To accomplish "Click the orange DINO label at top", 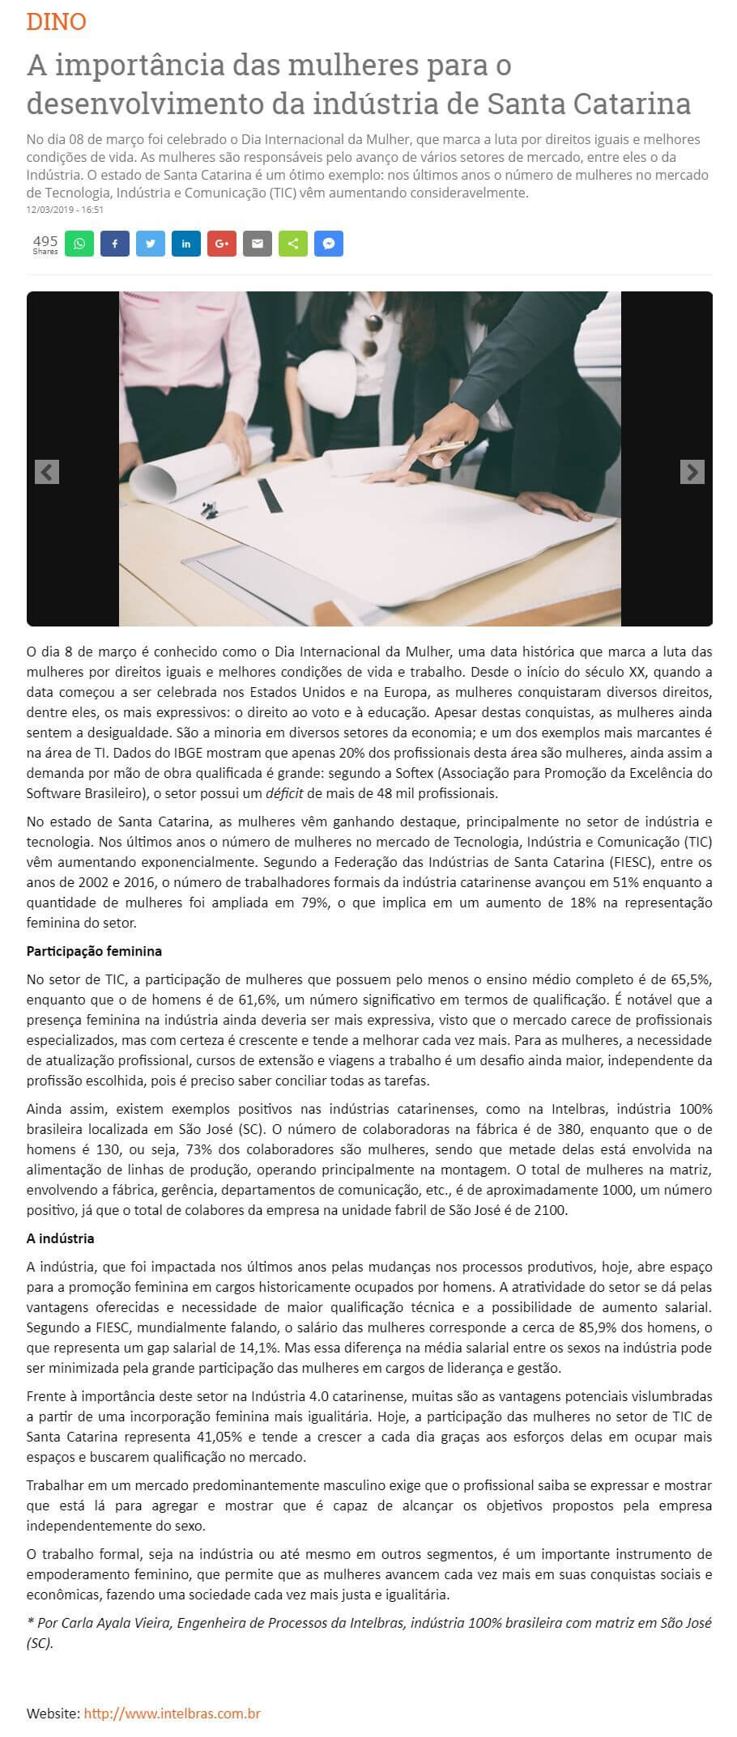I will point(56,22).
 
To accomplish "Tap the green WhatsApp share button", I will point(79,244).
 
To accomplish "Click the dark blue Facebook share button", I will point(115,244).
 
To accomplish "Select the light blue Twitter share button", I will point(151,244).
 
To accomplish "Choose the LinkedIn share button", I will point(186,244).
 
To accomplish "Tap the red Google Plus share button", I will point(222,244).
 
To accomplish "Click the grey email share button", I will point(258,244).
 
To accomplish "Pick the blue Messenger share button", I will point(329,244).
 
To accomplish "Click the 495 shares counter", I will point(45,244).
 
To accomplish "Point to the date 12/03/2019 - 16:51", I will point(65,210).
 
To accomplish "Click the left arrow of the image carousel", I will point(47,472).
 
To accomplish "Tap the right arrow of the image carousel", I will point(692,472).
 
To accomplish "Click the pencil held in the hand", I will point(446,446).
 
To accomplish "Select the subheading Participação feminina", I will point(94,951).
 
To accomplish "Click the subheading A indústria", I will point(61,1238).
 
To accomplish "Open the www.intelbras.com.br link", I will point(172,1714).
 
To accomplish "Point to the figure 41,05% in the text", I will point(233,1437).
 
